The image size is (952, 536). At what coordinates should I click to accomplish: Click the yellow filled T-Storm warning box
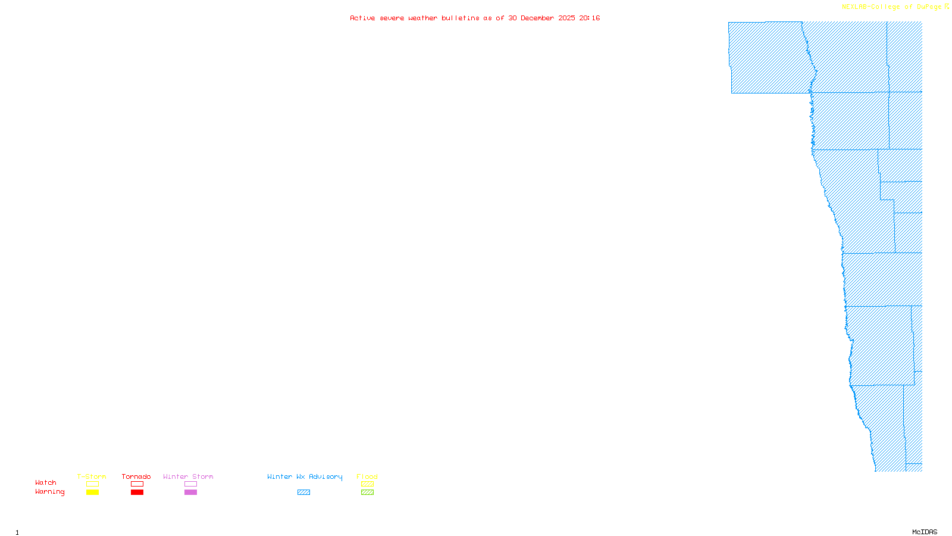point(92,493)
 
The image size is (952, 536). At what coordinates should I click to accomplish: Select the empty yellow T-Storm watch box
point(92,484)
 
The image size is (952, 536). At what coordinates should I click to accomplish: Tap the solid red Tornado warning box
point(137,493)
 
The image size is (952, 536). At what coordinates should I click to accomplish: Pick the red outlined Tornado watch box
point(137,484)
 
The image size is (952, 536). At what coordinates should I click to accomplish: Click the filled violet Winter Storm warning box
point(190,493)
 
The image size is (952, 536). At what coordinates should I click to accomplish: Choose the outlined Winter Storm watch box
point(190,484)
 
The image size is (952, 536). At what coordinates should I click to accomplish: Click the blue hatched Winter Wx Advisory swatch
point(303,493)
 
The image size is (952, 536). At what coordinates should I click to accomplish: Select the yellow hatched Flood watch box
point(367,484)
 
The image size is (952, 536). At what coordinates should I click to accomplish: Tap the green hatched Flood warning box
point(367,493)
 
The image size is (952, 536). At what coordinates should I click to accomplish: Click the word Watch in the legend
point(46,483)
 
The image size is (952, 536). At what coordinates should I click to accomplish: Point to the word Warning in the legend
point(49,492)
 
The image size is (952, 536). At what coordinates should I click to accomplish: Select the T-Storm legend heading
point(92,476)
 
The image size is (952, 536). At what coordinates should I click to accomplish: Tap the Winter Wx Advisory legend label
point(305,476)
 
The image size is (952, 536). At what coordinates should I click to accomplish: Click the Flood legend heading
point(367,476)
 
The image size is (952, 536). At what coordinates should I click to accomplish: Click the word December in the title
point(537,18)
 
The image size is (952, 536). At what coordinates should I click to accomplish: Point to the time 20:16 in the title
point(590,18)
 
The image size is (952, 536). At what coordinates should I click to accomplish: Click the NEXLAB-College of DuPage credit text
point(892,7)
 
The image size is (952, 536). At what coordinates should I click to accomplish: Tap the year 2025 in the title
point(566,18)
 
